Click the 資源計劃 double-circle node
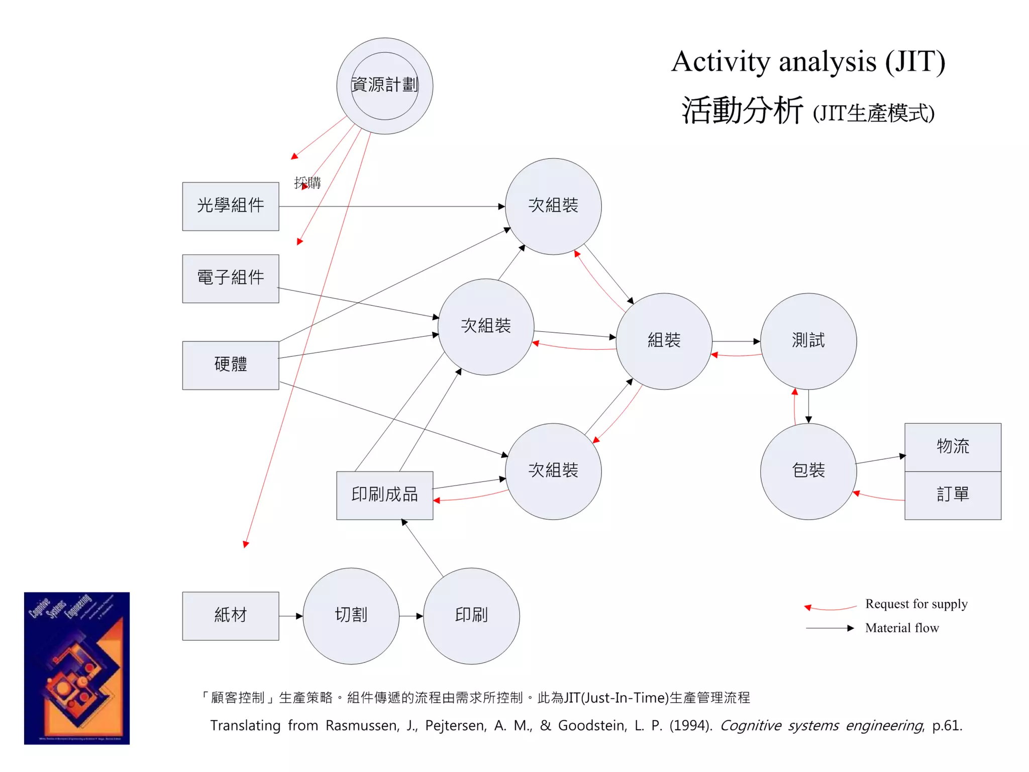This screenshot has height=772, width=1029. pos(384,86)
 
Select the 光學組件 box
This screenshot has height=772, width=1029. pos(230,206)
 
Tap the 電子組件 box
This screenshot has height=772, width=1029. pos(230,278)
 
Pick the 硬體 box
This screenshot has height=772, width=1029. pos(230,365)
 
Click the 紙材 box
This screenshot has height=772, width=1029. pos(230,616)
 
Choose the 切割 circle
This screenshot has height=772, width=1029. pos(351,616)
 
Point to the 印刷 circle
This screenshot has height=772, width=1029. pos(471,616)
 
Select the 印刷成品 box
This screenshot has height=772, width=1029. pos(384,495)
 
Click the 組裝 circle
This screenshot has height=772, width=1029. pos(664,341)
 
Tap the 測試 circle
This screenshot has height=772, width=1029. pos(808,341)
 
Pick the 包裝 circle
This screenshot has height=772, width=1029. pos(808,471)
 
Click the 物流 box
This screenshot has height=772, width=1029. pos(953,447)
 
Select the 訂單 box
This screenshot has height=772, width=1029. pos(953,495)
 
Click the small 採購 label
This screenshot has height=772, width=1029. pos(307,182)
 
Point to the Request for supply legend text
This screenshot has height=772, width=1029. pos(916,604)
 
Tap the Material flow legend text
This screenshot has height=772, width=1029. pos(902,628)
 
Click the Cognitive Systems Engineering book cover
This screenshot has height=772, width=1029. pos(77,668)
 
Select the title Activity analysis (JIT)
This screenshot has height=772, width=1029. pos(808,62)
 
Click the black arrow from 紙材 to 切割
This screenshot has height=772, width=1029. pos(291,616)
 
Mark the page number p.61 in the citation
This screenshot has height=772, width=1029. pos(947,726)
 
